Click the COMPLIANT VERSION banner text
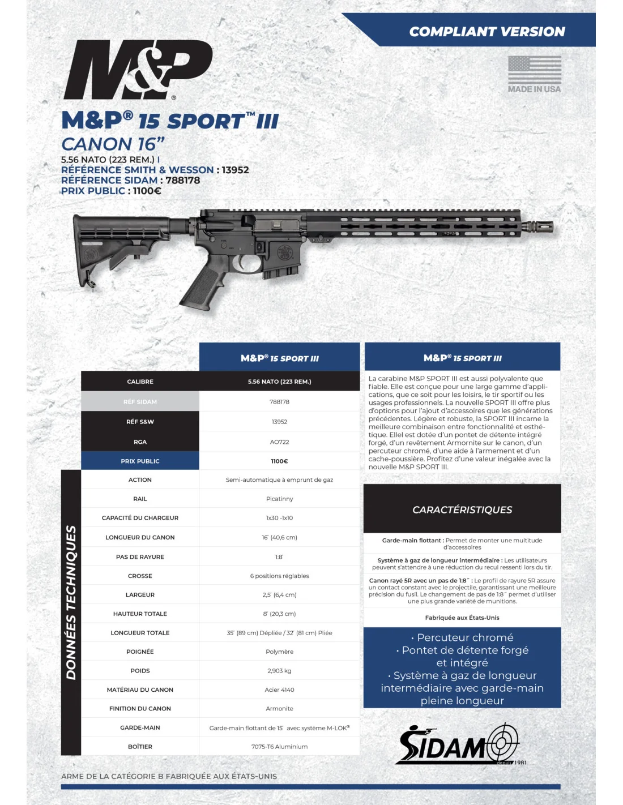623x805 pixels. point(487,32)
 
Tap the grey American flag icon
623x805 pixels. point(534,70)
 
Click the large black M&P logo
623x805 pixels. point(138,70)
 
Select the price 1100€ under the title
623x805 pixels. point(147,191)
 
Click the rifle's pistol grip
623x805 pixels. point(202,288)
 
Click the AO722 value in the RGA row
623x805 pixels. point(279,442)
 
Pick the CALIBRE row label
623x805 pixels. point(140,382)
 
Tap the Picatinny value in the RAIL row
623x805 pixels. point(279,499)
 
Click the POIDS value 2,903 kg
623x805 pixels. point(279,671)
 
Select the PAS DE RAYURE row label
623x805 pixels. point(140,557)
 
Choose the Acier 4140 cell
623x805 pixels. point(279,690)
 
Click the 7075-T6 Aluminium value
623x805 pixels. point(279,747)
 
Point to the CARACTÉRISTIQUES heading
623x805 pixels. point(462,509)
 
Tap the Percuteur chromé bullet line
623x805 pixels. point(462,637)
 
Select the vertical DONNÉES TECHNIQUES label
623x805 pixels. point(71,602)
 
